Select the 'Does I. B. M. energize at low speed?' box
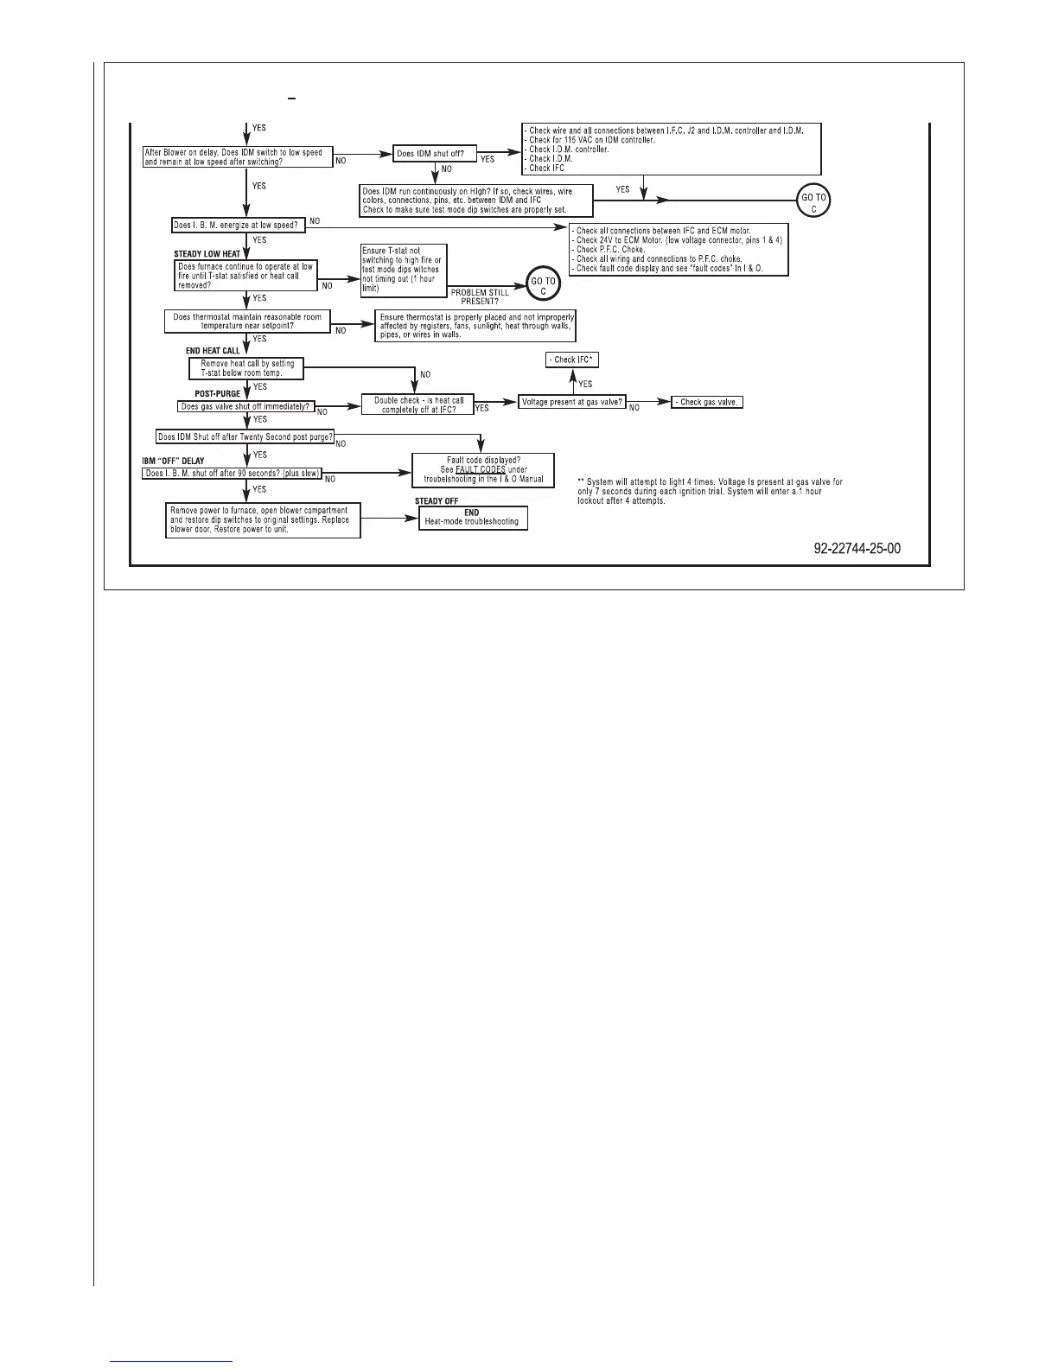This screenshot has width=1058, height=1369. pos(234,226)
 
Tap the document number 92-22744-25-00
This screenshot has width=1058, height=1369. pos(857,549)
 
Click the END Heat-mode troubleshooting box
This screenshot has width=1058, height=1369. pos(471,518)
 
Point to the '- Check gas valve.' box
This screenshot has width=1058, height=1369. pos(707,402)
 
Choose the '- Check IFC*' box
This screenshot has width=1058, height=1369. pos(573,360)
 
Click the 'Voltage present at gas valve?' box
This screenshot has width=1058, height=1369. pos(572,402)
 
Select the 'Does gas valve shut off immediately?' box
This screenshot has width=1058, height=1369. pos(245,406)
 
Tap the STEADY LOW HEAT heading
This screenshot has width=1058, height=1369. pos(207,254)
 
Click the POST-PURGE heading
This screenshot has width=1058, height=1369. pos(217,393)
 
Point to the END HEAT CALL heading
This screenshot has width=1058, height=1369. pos(213,351)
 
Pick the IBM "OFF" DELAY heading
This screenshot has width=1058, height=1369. pos(174,461)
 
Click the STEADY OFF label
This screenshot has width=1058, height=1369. pos(437,501)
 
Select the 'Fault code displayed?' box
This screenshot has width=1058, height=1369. pos(483,469)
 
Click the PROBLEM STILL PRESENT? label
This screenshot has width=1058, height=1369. pos(480,297)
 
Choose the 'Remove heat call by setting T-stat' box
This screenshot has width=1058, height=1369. pos(247,368)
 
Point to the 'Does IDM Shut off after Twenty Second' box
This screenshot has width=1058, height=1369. pos(245,436)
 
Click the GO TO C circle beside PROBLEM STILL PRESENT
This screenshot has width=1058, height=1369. pos(543,285)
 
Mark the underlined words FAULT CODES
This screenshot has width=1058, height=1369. pos(481,469)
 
